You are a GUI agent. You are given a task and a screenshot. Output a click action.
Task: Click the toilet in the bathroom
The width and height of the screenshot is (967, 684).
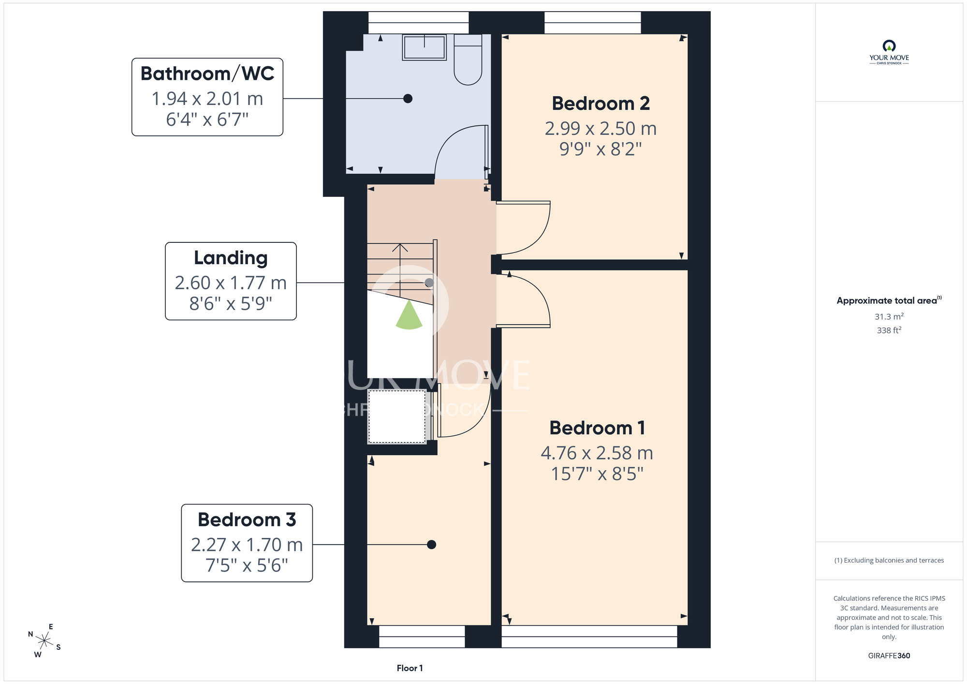468,59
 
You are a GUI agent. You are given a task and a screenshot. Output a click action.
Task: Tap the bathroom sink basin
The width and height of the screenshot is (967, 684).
424,47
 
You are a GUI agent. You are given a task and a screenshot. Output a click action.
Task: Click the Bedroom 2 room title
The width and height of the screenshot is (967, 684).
601,104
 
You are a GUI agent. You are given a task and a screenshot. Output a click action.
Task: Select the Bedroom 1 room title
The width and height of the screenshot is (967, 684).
597,428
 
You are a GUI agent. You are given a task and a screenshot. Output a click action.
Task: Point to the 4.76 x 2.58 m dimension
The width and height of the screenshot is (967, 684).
597,453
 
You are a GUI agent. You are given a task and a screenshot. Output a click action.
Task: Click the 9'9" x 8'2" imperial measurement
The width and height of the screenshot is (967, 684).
601,149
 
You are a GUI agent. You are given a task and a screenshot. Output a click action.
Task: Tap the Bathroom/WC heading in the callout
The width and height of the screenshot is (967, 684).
207,74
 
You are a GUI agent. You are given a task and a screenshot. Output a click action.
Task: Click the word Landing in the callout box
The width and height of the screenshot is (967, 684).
231,258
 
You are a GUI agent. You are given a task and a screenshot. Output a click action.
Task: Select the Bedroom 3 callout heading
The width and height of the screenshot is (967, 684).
247,520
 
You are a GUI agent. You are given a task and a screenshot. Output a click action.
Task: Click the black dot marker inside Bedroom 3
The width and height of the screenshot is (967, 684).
432,545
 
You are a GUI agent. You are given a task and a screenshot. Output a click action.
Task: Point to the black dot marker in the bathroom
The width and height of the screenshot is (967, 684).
408,99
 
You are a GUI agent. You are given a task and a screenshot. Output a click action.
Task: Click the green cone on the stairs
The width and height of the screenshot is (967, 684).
409,315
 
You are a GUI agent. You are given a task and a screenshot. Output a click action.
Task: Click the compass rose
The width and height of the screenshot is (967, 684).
44,641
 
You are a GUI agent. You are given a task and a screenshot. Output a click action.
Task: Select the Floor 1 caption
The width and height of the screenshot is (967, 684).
410,668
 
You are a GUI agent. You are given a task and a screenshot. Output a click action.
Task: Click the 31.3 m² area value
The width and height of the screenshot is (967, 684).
889,316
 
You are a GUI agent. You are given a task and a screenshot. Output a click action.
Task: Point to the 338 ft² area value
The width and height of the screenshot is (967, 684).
889,330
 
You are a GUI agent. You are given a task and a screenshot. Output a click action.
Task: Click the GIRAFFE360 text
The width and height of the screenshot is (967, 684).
889,656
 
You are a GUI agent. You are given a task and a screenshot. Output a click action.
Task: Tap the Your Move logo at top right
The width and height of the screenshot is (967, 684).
889,52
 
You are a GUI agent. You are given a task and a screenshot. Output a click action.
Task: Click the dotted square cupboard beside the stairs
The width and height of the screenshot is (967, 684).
397,416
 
